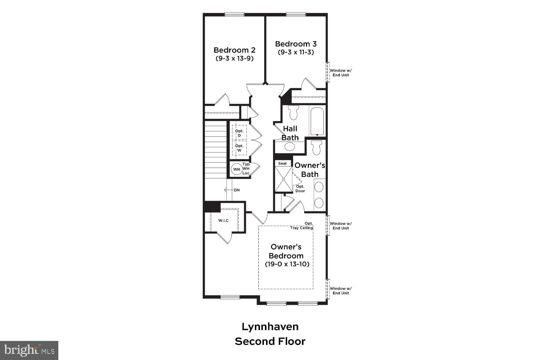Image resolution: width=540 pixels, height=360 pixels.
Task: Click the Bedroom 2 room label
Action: [x=234, y=50]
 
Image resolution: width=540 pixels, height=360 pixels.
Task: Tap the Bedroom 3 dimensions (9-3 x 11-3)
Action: [x=296, y=52]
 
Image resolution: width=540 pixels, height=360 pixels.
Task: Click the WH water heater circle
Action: [x=237, y=169]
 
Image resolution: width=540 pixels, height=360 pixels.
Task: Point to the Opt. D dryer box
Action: [x=239, y=133]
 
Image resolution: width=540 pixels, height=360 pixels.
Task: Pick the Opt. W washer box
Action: [x=239, y=148]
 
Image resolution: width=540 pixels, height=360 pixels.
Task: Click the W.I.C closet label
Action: [x=223, y=220]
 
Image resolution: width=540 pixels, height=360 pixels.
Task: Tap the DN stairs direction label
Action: [x=237, y=190]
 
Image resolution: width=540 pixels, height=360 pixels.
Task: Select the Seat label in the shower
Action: [x=283, y=163]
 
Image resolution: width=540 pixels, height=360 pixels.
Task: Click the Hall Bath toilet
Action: [x=293, y=112]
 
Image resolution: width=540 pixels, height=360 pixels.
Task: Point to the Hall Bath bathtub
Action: [x=317, y=121]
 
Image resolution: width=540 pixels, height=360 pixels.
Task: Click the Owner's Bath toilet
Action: [x=316, y=148]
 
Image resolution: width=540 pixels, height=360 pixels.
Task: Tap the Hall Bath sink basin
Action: [x=289, y=147]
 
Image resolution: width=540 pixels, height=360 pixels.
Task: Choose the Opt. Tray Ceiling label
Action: [x=302, y=226]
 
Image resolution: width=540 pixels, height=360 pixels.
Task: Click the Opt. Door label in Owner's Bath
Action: [x=300, y=189]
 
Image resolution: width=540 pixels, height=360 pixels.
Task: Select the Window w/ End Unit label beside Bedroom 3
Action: [x=341, y=73]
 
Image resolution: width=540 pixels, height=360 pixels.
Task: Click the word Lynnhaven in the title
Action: [x=270, y=327]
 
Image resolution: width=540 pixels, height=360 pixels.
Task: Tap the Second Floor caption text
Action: [x=270, y=341]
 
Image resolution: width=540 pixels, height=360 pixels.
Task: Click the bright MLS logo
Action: [x=29, y=350]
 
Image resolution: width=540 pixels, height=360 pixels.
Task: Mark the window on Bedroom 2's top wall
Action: [x=234, y=14]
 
